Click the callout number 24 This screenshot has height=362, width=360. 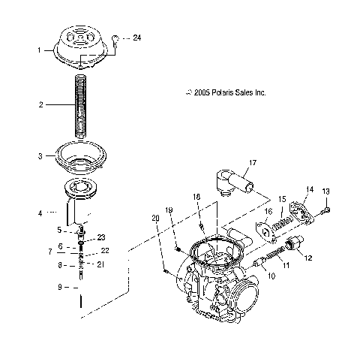[136, 38]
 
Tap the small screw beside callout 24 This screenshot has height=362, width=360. [115, 41]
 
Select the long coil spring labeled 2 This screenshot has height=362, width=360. [81, 106]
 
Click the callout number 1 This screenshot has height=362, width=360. [39, 50]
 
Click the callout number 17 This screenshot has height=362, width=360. [253, 163]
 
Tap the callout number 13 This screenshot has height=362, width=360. [325, 192]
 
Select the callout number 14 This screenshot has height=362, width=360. [310, 189]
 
